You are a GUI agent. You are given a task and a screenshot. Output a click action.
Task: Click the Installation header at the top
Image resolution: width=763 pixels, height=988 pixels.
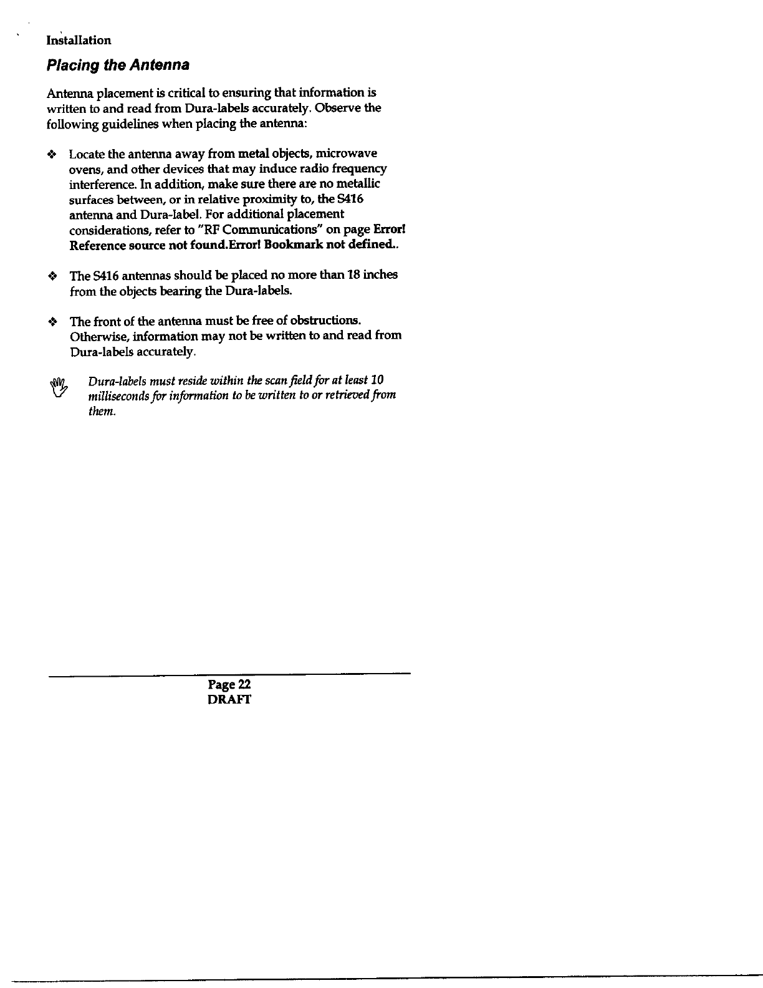pyautogui.click(x=79, y=41)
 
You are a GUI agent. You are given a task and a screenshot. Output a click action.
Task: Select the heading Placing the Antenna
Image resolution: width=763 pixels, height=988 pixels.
pyautogui.click(x=118, y=65)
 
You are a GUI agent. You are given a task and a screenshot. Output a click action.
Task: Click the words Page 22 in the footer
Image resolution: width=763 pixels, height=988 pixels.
pyautogui.click(x=229, y=684)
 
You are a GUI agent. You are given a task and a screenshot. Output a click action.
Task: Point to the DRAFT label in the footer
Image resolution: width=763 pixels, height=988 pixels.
pyautogui.click(x=229, y=699)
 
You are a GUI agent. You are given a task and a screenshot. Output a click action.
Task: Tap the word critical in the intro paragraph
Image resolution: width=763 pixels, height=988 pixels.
pyautogui.click(x=185, y=93)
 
